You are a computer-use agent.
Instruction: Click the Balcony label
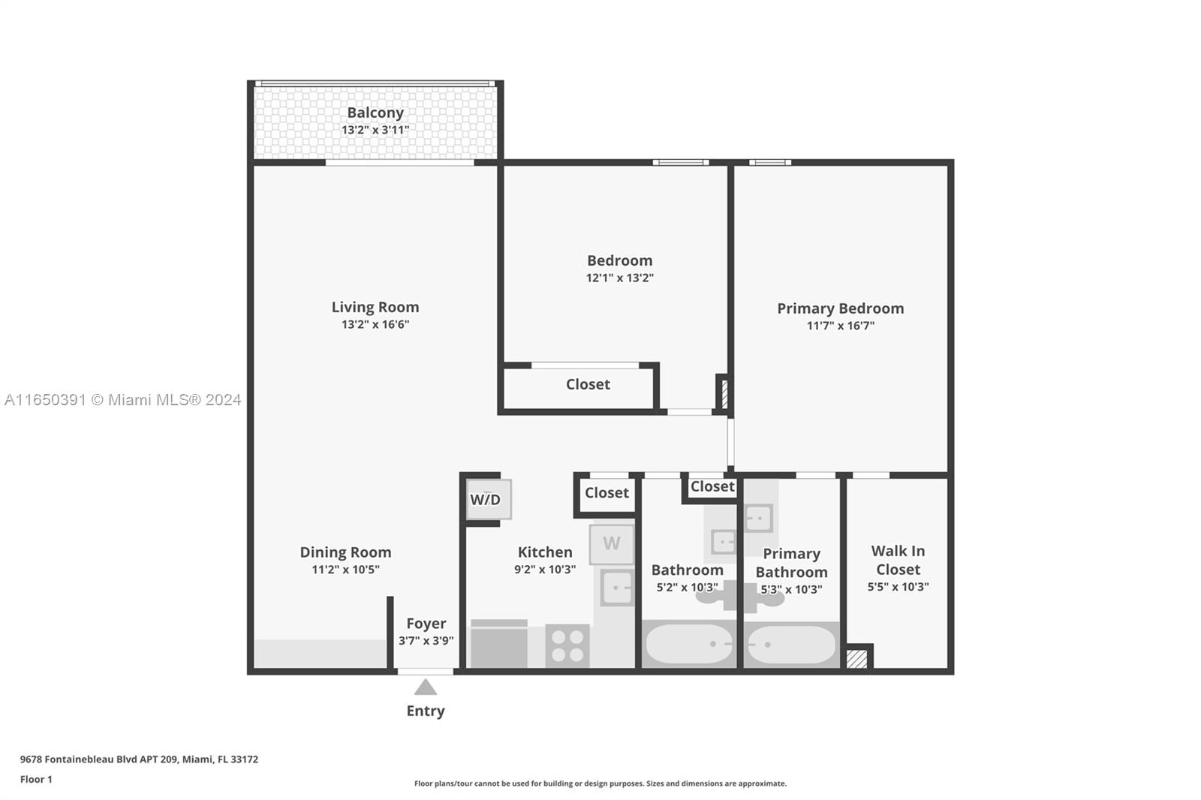375,113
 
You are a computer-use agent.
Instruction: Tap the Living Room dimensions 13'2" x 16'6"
375,324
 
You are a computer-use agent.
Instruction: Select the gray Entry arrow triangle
425,687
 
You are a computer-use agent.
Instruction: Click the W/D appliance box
489,499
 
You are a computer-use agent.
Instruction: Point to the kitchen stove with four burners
567,645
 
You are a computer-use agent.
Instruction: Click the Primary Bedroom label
840,308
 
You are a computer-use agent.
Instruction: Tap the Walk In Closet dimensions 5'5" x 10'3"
898,587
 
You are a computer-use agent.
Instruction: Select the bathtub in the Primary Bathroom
791,645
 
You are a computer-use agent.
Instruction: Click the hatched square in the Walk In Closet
856,659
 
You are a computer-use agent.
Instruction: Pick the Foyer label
426,624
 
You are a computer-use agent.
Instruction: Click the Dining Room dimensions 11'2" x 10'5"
345,570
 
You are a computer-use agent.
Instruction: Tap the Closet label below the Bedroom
588,384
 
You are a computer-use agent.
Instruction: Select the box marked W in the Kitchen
611,543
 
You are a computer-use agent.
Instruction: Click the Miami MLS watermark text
123,400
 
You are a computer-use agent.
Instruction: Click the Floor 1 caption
36,780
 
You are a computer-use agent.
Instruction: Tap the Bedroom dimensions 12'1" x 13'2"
620,278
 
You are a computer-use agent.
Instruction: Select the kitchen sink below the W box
616,588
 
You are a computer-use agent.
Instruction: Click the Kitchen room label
545,552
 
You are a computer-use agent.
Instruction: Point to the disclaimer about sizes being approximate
600,783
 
